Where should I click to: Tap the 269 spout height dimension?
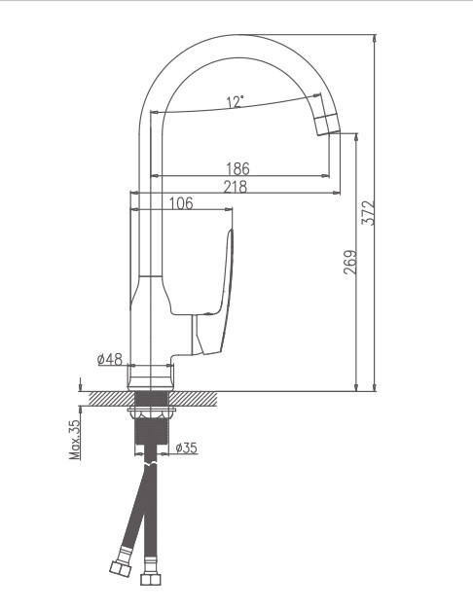(x=349, y=263)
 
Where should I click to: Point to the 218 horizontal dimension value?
(x=235, y=187)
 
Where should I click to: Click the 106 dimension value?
(x=180, y=203)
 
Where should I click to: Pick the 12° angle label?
(x=235, y=101)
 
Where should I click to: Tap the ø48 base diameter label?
(x=110, y=360)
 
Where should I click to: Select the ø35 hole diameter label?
(x=185, y=448)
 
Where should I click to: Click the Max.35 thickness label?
(x=74, y=439)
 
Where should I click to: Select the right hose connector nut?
(x=150, y=579)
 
